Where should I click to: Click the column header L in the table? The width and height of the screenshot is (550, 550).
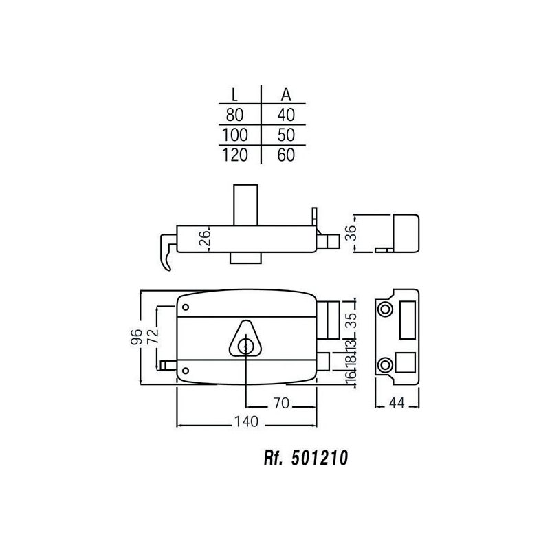(x=234, y=94)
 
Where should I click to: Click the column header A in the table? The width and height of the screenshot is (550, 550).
(x=286, y=94)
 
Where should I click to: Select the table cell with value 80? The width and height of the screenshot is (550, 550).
(x=234, y=115)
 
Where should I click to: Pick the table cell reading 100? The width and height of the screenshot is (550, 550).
(x=234, y=135)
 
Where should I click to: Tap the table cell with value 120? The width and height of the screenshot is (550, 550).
(x=234, y=155)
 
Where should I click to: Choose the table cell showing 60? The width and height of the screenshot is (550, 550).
(x=286, y=155)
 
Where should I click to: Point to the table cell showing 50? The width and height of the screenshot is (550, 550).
(x=286, y=135)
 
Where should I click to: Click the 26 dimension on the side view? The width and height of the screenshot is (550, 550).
(x=205, y=238)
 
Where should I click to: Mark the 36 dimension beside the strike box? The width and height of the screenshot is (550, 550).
(x=351, y=232)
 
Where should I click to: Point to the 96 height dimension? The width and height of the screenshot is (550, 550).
(x=136, y=337)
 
